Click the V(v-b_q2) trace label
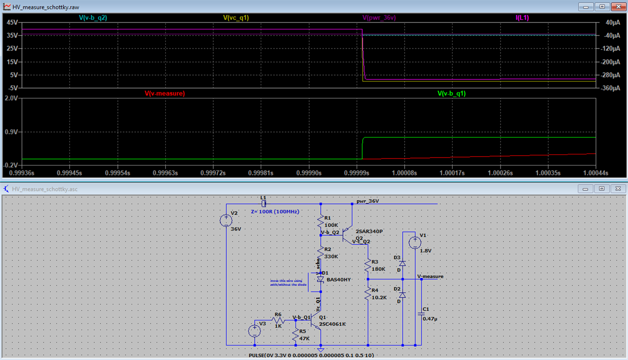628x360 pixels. [x=93, y=17]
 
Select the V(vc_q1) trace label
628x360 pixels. [x=236, y=17]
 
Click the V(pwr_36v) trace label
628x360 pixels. [x=379, y=17]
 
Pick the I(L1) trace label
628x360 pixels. [x=522, y=17]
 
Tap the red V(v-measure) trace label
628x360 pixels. [x=165, y=93]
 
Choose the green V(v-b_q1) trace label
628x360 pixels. [x=455, y=93]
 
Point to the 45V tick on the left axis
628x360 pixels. [x=12, y=22]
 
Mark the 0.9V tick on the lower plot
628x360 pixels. [x=10, y=132]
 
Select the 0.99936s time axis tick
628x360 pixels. [x=22, y=172]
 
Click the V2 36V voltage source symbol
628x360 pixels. [x=226, y=220]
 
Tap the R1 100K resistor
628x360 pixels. [x=320, y=220]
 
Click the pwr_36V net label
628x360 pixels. [x=368, y=201]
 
